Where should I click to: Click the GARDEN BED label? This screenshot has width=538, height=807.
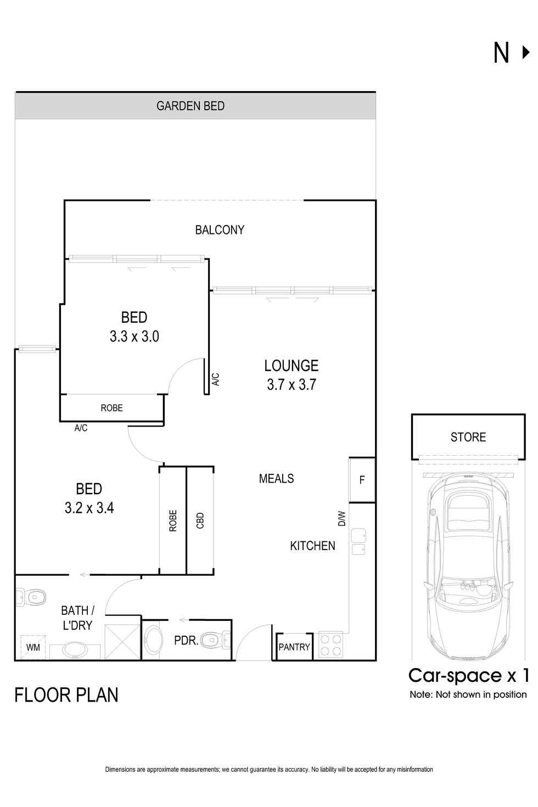(190, 106)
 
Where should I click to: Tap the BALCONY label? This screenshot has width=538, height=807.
(220, 230)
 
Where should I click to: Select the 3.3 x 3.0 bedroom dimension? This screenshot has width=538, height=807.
(134, 337)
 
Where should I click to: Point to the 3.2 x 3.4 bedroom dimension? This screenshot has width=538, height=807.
(89, 508)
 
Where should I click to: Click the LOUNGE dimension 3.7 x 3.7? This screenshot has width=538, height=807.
(291, 385)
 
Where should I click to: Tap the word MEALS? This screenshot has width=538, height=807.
(276, 479)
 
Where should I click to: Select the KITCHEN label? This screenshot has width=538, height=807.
(312, 546)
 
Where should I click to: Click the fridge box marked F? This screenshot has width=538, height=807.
(362, 480)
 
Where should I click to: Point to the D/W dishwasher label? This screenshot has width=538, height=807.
(341, 518)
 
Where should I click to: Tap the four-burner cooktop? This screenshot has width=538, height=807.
(331, 645)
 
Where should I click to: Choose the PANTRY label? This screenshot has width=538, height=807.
(294, 647)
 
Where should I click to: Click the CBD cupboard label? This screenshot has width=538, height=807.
(200, 520)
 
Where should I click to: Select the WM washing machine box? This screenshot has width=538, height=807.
(33, 647)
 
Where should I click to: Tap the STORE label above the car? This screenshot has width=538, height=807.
(468, 438)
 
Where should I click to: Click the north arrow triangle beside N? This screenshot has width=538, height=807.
(525, 53)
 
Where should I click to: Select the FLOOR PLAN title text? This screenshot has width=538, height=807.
(66, 695)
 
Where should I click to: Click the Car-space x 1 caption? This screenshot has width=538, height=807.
(468, 675)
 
